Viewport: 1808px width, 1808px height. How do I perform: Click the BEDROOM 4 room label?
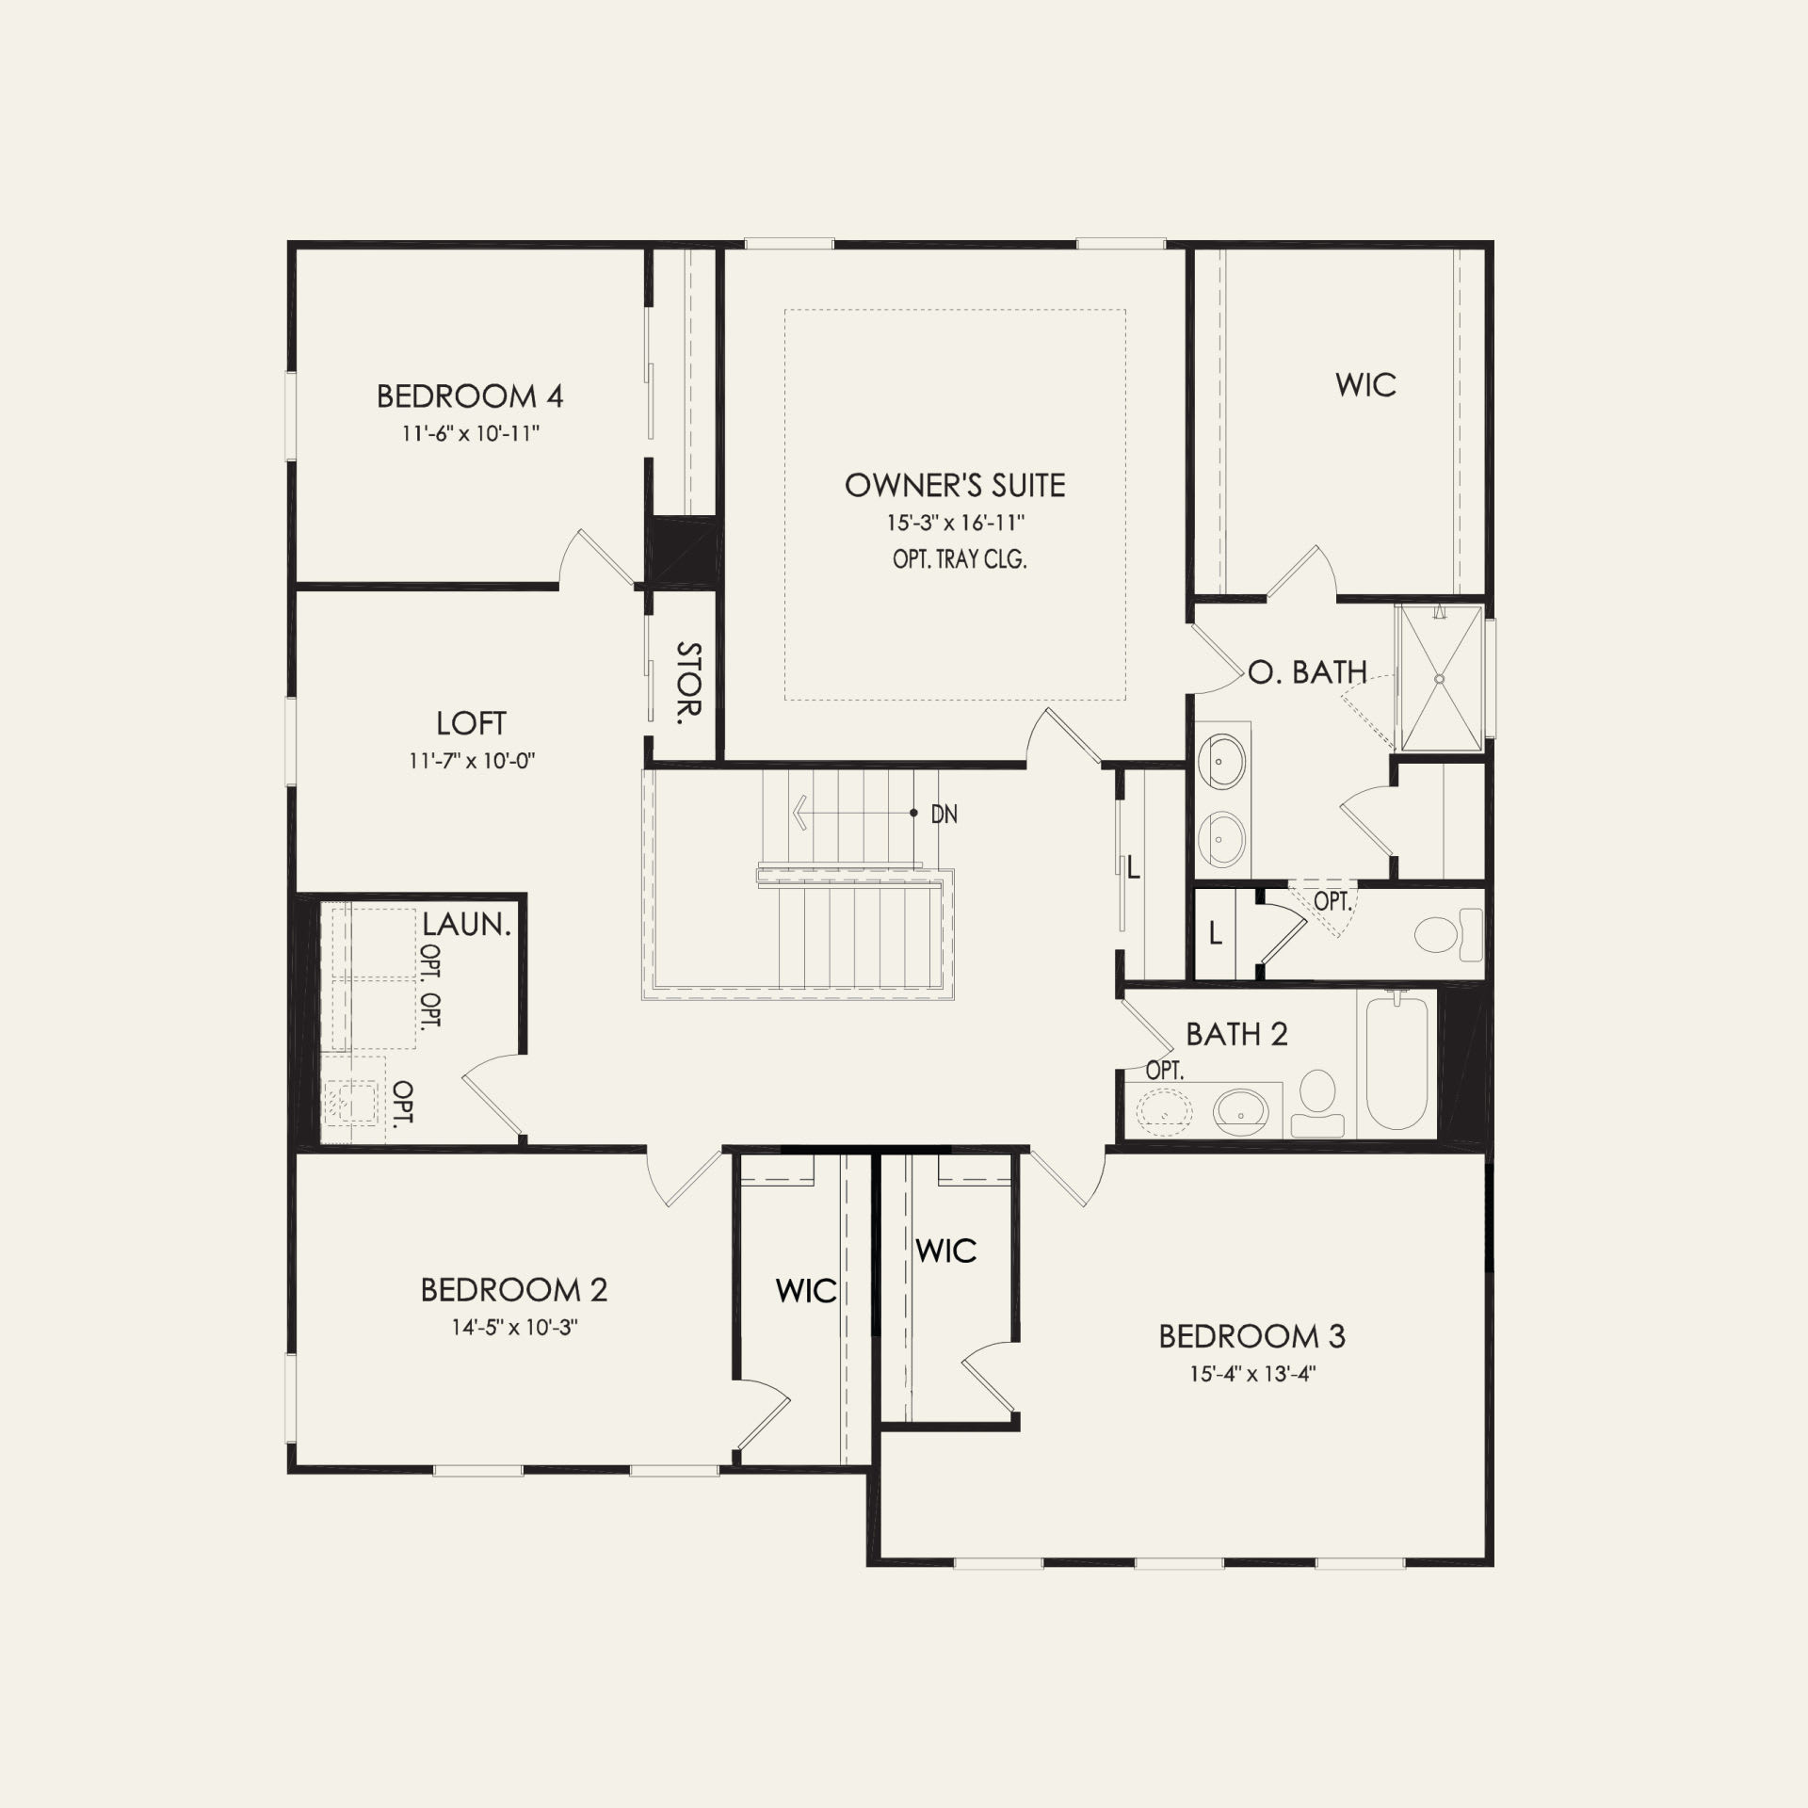(470, 396)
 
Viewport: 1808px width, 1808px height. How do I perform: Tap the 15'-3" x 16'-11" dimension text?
(955, 523)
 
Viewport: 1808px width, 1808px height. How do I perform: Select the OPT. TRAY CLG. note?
(960, 559)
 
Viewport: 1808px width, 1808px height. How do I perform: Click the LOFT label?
(471, 723)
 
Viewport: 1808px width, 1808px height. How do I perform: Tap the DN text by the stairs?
(944, 815)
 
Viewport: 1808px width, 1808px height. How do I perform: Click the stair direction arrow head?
(799, 812)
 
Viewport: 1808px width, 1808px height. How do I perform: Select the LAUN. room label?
(466, 924)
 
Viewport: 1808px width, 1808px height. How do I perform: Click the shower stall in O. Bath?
(1440, 678)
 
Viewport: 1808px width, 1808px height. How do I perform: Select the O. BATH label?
(1308, 672)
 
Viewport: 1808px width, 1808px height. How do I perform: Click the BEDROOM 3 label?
(1251, 1336)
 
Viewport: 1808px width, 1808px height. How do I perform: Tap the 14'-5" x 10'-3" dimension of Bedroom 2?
(514, 1328)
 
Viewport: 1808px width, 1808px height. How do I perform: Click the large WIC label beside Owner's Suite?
(1365, 385)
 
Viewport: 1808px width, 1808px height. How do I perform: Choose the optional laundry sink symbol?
(350, 1100)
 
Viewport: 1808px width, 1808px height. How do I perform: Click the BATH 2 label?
(1236, 1035)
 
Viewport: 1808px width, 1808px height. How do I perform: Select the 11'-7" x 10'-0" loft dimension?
(472, 761)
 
